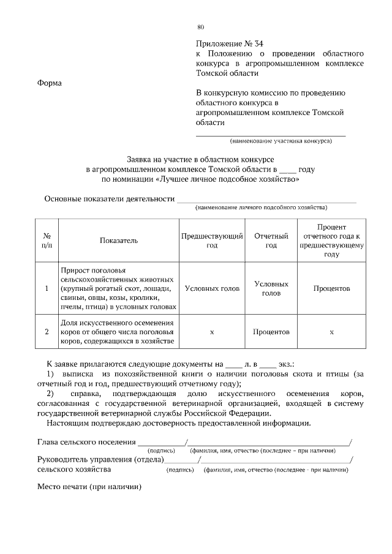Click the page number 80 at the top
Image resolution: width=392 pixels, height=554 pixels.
[200, 27]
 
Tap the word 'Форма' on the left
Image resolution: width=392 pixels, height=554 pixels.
[50, 83]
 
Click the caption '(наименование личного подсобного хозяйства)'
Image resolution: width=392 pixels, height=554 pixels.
[261, 208]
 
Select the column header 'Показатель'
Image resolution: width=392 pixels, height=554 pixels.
[119, 241]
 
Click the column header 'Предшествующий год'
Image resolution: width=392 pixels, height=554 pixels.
[212, 241]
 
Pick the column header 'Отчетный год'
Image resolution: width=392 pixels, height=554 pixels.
[271, 241]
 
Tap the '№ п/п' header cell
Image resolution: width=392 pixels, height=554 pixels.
[47, 241]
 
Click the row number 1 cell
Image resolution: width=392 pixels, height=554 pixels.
[47, 288]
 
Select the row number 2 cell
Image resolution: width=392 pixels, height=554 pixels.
[47, 332]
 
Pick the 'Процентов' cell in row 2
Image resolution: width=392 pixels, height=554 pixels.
[271, 332]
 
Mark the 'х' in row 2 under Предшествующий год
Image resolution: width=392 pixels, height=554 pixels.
[212, 332]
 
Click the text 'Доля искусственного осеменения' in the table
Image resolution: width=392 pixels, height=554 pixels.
[117, 322]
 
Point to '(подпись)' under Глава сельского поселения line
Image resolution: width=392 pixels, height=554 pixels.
[162, 451]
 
